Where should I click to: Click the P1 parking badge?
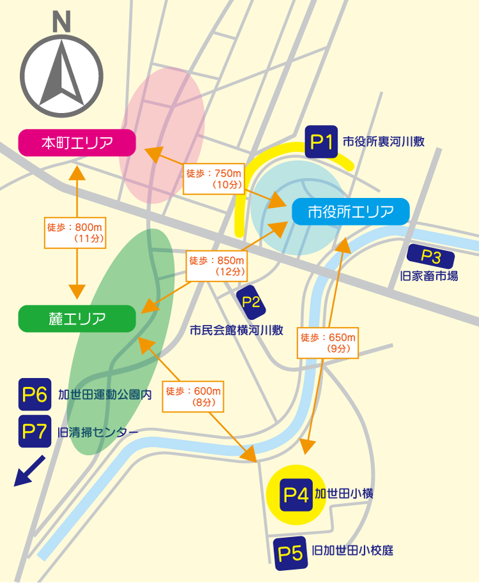point(321,142)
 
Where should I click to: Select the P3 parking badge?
point(431,257)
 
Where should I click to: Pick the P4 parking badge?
point(296,494)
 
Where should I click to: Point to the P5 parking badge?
point(289,553)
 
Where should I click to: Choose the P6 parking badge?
point(34,395)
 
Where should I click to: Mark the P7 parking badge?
point(34,431)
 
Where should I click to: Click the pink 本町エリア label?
point(77,142)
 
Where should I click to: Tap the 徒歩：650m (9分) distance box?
point(328,343)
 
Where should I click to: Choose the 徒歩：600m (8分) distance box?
point(193,397)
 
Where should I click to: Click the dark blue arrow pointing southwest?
point(29,471)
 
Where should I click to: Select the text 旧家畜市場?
point(429,276)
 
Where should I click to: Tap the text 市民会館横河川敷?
point(236,330)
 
